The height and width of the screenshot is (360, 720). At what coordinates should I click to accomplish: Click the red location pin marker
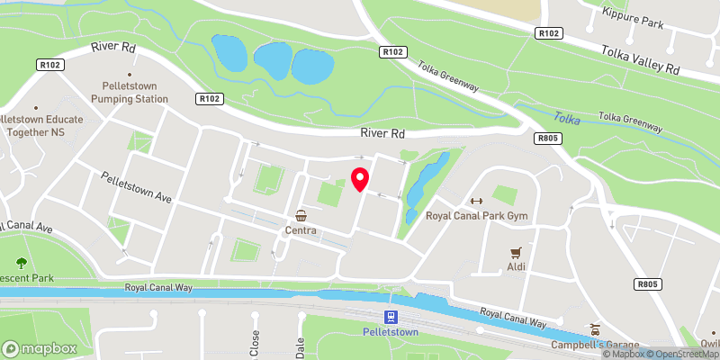360,179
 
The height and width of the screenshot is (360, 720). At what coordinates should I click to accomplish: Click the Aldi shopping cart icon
516,253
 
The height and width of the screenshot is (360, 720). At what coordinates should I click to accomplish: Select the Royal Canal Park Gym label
476,216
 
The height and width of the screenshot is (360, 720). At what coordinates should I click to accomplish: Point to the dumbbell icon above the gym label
476,201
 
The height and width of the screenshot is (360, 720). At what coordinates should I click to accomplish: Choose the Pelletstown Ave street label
136,187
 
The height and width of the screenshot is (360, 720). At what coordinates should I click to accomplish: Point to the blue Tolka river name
567,118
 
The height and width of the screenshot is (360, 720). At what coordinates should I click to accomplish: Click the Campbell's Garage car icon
593,329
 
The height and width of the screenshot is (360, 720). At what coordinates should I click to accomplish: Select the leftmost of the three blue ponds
228,54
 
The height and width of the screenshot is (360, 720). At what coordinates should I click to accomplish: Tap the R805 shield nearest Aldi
647,285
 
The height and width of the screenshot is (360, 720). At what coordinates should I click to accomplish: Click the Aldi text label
515,268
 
